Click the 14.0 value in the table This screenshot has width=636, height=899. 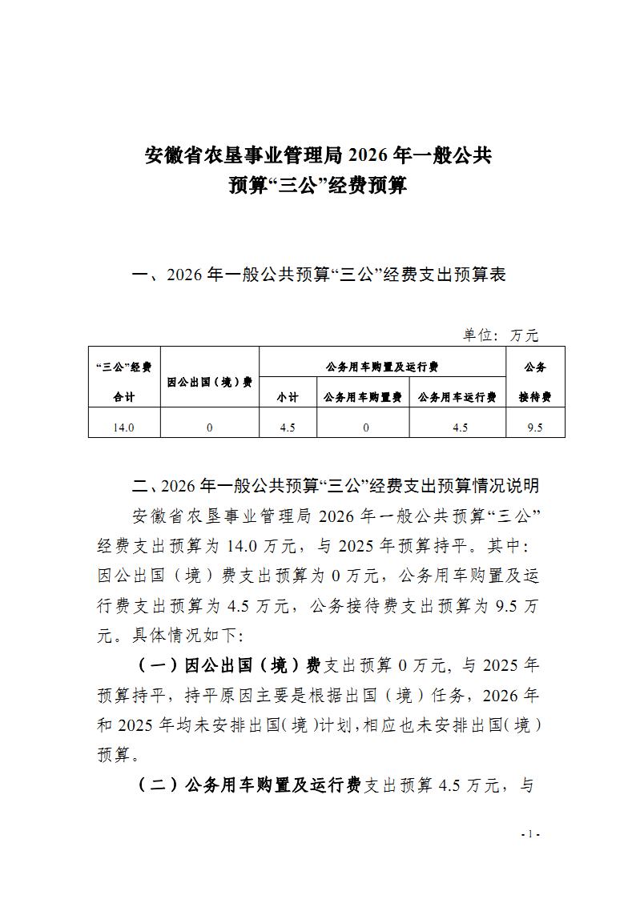tap(124, 427)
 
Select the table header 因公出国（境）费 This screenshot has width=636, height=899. tap(210, 382)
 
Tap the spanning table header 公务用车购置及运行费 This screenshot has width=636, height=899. tap(382, 367)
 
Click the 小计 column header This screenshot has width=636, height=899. tap(288, 397)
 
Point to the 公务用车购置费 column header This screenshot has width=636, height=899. tap(363, 397)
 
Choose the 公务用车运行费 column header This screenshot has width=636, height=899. tap(458, 397)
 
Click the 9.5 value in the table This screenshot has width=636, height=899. tap(535, 427)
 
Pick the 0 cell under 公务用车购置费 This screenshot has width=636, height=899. tap(365, 427)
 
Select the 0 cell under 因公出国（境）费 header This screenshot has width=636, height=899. tap(210, 427)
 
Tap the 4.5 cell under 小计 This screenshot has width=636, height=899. tap(288, 427)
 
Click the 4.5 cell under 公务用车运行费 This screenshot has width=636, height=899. tap(460, 427)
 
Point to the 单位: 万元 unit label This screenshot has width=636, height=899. tap(501, 335)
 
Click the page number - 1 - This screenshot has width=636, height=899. tap(530, 834)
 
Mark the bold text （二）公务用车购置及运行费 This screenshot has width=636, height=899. tap(248, 785)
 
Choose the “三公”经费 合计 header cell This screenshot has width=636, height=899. tap(124, 382)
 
